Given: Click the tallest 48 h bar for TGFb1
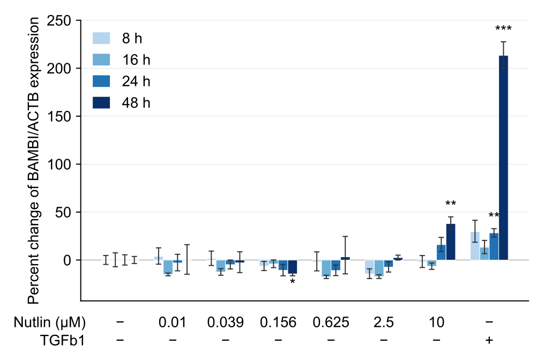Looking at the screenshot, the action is coord(503,158).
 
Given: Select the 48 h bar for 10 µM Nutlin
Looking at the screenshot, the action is coord(450,242).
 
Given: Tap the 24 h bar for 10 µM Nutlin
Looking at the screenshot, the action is coord(441,252).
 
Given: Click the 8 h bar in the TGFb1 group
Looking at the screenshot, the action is coord(475,246).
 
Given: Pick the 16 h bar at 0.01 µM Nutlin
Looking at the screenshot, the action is coord(168,267).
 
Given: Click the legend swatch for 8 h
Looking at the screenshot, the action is coord(101,38).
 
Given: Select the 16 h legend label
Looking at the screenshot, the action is coord(136,60).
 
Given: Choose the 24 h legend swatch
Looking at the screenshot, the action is coord(101,81).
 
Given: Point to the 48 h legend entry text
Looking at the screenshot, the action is coord(136,103).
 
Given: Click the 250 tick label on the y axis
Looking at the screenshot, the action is coord(59,21).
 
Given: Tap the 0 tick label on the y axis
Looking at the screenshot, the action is coord(67,260).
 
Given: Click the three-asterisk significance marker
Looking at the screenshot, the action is coord(503,28).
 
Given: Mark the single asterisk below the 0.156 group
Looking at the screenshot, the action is coord(293,281).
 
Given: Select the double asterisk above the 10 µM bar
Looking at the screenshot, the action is coord(450,203).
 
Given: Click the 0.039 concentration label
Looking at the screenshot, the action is coord(226,322).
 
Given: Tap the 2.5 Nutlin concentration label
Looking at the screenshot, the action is coord(384,322).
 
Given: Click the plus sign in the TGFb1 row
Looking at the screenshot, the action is coord(489,340).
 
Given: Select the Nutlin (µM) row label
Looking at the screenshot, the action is coord(50,322).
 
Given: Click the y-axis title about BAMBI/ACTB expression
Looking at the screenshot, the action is coord(34,161).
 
